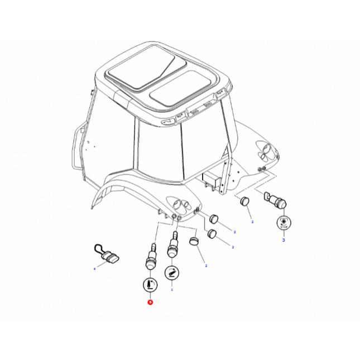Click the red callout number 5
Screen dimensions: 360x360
pyautogui.click(x=150, y=302)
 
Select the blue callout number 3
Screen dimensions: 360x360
pyautogui.click(x=283, y=240)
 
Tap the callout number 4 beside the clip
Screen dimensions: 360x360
pyautogui.click(x=94, y=269)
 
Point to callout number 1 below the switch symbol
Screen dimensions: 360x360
pyautogui.click(x=172, y=290)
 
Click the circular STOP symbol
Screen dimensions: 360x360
pyautogui.click(x=283, y=223)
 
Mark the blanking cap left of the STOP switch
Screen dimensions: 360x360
pyautogui.click(x=244, y=201)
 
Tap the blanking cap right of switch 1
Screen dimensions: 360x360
pyautogui.click(x=193, y=241)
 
